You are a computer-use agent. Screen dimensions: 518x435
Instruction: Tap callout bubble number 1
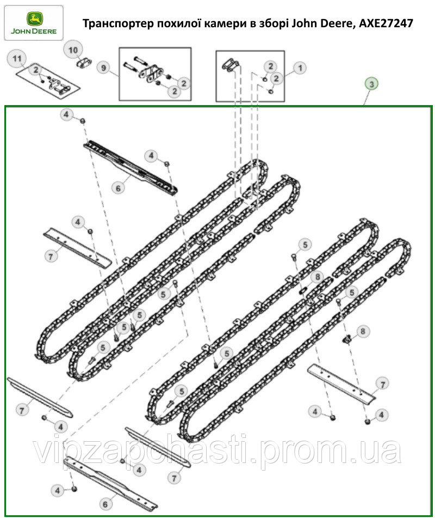300,68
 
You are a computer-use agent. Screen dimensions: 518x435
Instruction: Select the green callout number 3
371,84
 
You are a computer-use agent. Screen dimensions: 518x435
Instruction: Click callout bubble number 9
102,69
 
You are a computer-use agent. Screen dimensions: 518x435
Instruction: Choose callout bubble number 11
17,58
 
